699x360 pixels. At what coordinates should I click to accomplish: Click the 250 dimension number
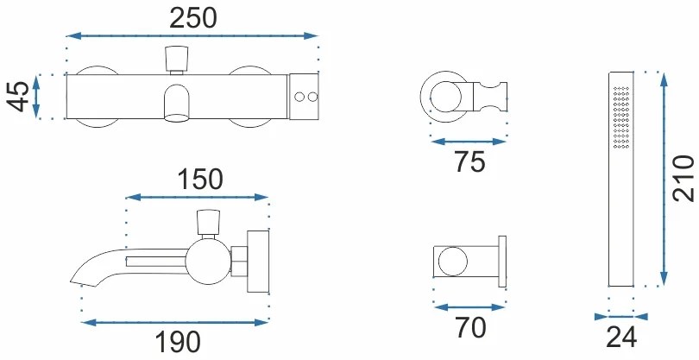193,18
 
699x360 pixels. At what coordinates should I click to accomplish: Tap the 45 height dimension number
19,97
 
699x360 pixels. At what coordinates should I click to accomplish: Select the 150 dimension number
199,179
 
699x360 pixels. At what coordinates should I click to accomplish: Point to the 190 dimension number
178,342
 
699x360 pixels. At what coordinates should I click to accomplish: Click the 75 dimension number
469,161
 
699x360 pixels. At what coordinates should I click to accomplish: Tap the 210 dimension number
683,179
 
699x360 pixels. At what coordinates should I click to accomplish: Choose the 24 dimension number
621,338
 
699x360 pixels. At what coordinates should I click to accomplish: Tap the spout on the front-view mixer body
176,104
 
